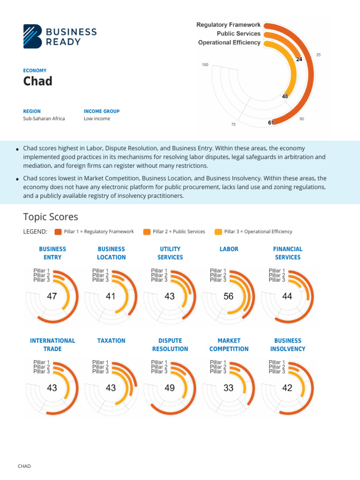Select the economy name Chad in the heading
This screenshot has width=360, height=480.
pyautogui.click(x=38, y=81)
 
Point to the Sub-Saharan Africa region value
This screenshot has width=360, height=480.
pyautogui.click(x=44, y=119)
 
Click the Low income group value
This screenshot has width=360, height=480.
pyautogui.click(x=97, y=119)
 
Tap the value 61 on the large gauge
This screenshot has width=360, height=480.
pyautogui.click(x=271, y=122)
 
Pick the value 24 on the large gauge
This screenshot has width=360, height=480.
pyautogui.click(x=299, y=59)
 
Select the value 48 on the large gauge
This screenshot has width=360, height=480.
pyautogui.click(x=285, y=96)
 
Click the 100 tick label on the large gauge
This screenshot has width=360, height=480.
pyautogui.click(x=205, y=65)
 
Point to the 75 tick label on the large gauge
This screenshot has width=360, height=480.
pyautogui.click(x=233, y=125)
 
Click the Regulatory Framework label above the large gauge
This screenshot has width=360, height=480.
pyautogui.click(x=228, y=25)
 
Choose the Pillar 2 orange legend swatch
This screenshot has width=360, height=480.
pyautogui.click(x=147, y=232)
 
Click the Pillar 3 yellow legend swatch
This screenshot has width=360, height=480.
pyautogui.click(x=218, y=232)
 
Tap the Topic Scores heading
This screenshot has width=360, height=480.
pyautogui.click(x=51, y=217)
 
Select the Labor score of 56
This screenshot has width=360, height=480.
pyautogui.click(x=228, y=296)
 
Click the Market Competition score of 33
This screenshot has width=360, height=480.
pyautogui.click(x=228, y=388)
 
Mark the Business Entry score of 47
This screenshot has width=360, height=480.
pyautogui.click(x=52, y=296)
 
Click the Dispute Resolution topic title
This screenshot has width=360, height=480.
pyautogui.click(x=170, y=345)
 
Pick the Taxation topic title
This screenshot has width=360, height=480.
pyautogui.click(x=111, y=341)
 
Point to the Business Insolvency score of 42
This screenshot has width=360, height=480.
pyautogui.click(x=287, y=388)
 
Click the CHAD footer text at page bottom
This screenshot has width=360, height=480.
pyautogui.click(x=24, y=466)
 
